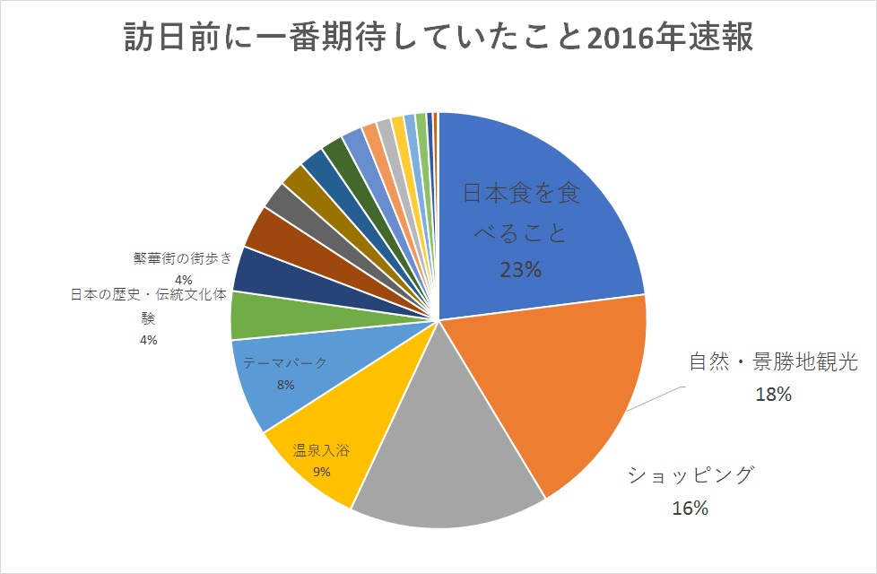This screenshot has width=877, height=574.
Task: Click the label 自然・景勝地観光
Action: (x=773, y=363)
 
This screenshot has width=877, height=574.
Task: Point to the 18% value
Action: (x=773, y=394)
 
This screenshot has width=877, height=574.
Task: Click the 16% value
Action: (x=690, y=509)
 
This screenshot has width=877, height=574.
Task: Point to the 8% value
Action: (x=286, y=386)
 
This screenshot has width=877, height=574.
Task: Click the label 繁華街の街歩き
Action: (x=183, y=260)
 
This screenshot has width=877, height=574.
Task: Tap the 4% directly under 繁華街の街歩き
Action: (x=184, y=280)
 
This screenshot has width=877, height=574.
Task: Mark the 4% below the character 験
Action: (x=149, y=340)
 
